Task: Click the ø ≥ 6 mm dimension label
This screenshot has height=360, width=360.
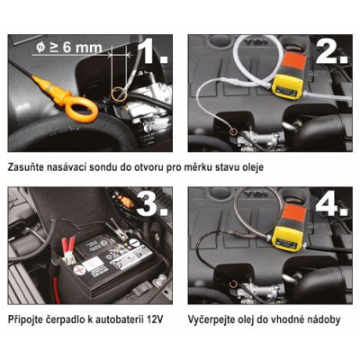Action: tap(67, 45)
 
